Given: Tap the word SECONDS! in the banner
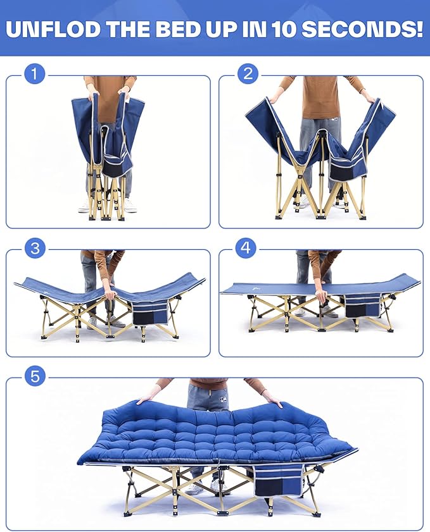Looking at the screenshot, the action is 362,29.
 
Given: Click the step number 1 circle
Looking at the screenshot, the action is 35,74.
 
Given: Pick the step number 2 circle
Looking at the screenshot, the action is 248,74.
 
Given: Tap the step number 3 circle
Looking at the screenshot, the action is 35,248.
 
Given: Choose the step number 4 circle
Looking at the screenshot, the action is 246,248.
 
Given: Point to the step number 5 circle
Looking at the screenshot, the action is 35,376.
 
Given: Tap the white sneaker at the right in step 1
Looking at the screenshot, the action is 129,206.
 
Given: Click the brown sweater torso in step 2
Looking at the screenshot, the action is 320,97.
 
